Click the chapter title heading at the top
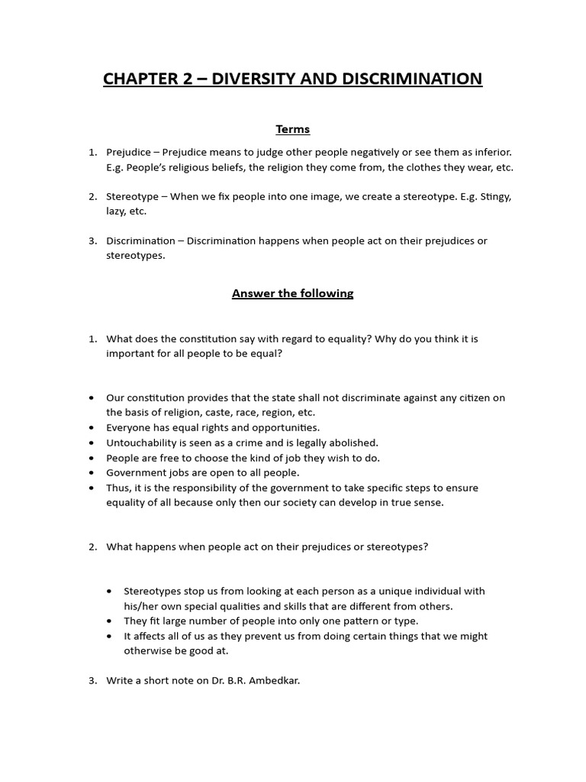point(292,79)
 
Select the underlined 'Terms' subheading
point(293,129)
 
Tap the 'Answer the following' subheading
point(293,293)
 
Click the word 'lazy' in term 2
point(116,212)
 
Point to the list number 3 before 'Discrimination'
point(92,241)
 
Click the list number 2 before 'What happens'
point(92,547)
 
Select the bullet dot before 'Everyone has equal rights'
point(92,428)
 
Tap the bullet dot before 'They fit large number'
point(111,621)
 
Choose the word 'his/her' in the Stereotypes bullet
point(141,606)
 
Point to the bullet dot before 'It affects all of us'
point(111,636)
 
